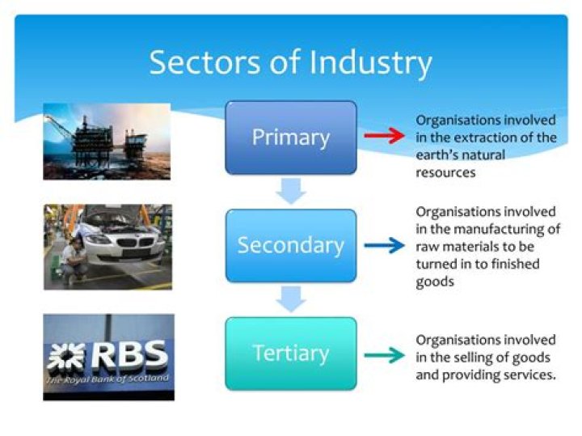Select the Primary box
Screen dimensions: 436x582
[290, 137]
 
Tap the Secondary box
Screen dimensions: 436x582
[290, 245]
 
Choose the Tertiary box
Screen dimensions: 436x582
[290, 353]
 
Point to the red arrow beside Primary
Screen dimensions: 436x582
[383, 137]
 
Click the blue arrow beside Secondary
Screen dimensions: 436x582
[383, 245]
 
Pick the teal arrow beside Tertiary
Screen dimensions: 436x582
[383, 354]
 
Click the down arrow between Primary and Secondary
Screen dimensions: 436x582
[290, 192]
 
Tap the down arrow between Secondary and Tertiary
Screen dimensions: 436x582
[290, 299]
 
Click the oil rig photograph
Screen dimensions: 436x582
[107, 141]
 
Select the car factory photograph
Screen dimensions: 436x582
[107, 247]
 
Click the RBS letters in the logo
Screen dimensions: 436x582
[129, 354]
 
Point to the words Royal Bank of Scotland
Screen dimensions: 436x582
[107, 379]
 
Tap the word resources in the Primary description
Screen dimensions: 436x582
[445, 172]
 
